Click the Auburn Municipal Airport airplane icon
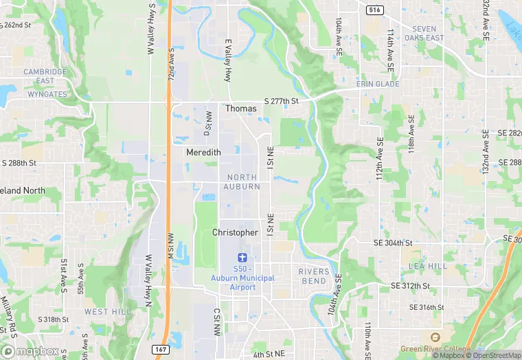coord(240,257)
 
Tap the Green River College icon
coord(434,337)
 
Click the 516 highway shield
coord(374,10)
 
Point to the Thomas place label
coord(241,109)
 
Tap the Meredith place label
coord(203,153)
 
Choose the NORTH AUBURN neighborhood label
coord(243,182)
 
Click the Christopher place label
coord(235,233)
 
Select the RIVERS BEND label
coord(313,276)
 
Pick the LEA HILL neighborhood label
coord(427,266)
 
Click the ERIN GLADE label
coord(377,84)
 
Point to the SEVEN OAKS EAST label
coord(424,34)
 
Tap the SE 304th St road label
coord(393,243)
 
